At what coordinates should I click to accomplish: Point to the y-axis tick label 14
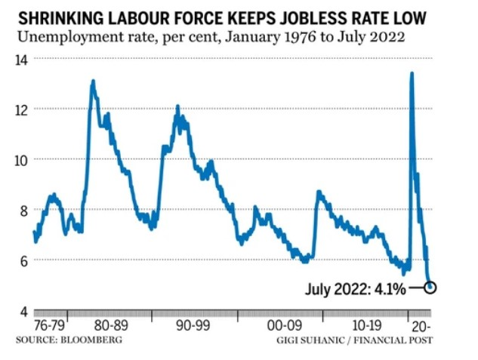click(22, 59)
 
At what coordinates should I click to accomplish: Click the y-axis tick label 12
click(22, 109)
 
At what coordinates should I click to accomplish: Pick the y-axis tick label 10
click(22, 160)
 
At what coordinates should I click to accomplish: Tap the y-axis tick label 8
click(25, 211)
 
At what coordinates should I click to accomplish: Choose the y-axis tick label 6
click(25, 261)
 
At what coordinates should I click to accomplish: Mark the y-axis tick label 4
click(25, 312)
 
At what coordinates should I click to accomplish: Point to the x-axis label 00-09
click(284, 325)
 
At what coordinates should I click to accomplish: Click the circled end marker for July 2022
click(430, 288)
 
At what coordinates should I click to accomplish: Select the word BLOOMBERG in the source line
click(92, 340)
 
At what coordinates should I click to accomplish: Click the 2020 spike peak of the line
click(412, 73)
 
